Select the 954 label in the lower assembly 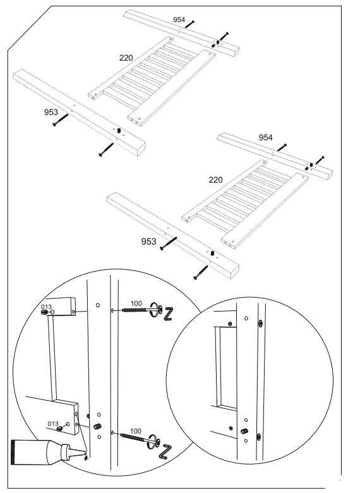pyautogui.click(x=266, y=137)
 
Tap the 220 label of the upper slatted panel pyautogui.click(x=126, y=58)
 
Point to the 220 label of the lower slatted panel pyautogui.click(x=215, y=180)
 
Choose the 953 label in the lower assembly pyautogui.click(x=148, y=241)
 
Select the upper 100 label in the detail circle pyautogui.click(x=136, y=304)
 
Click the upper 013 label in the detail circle pyautogui.click(x=46, y=307)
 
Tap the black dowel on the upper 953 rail pyautogui.click(x=117, y=130)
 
